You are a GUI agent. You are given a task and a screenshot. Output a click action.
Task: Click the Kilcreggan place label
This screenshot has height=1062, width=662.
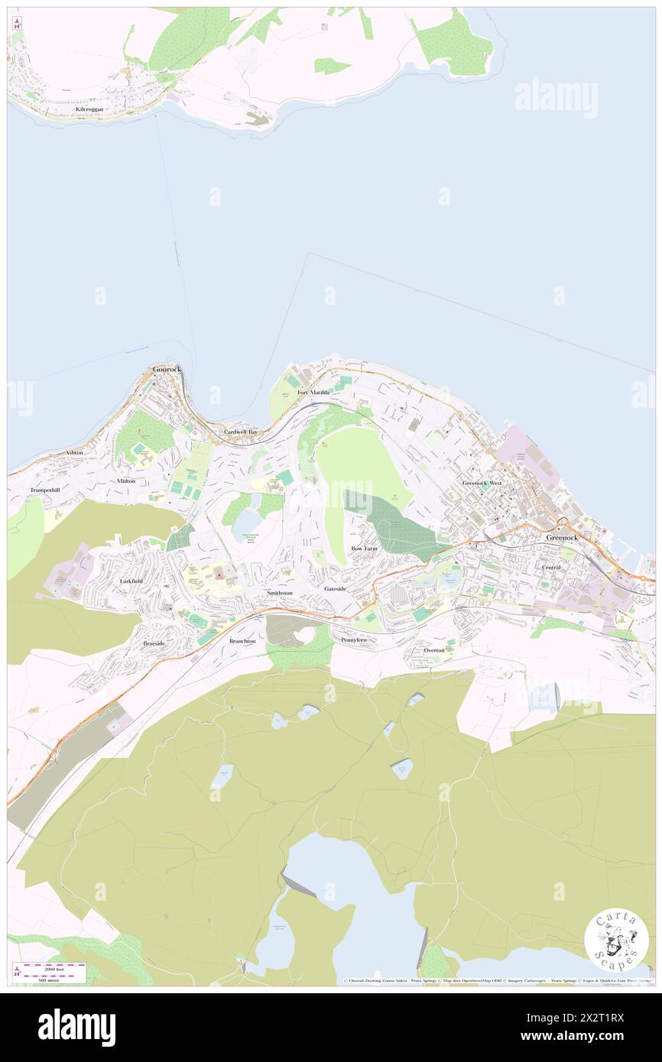89,110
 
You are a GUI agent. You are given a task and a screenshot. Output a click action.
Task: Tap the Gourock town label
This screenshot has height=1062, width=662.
166,369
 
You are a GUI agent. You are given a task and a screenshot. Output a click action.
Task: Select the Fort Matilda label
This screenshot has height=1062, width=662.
313,393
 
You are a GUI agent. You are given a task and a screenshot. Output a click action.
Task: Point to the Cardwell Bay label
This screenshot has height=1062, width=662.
240,432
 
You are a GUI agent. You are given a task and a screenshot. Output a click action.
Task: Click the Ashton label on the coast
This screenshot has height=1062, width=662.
74,452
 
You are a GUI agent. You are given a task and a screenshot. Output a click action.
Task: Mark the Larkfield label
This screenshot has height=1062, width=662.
131,581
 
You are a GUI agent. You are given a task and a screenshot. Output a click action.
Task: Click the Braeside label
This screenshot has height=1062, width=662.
154,643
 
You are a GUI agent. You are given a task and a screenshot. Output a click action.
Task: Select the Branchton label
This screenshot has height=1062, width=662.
242,641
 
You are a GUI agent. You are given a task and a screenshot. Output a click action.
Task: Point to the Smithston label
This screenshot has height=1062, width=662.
279,593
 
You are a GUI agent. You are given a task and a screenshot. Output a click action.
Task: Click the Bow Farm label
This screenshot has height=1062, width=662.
364,549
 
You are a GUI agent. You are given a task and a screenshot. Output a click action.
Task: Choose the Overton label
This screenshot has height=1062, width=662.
439,650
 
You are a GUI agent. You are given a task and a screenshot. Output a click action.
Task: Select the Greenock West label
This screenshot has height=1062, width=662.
482,484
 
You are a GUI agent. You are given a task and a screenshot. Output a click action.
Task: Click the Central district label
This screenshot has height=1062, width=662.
550,568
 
